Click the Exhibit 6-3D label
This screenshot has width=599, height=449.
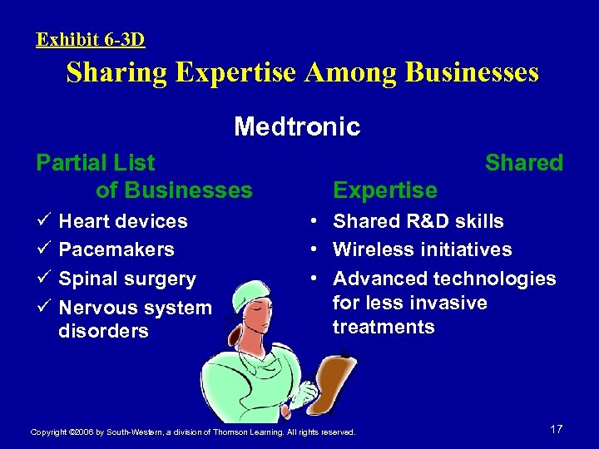click(91, 38)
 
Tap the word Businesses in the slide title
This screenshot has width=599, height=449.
click(472, 73)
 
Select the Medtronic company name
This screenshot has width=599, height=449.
click(297, 126)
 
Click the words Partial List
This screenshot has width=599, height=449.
click(96, 162)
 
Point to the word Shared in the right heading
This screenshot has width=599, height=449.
click(524, 162)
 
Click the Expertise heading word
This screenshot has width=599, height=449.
click(384, 190)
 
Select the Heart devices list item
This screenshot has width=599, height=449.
click(123, 221)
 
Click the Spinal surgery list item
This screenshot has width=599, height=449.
click(127, 279)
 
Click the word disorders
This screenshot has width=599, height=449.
click(103, 331)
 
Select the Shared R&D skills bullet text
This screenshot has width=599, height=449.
click(418, 221)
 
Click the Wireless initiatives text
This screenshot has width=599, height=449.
click(422, 249)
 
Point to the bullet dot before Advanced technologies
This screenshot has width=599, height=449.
click(312, 279)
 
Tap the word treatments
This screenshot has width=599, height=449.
click(384, 327)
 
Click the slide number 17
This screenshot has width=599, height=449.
click(557, 429)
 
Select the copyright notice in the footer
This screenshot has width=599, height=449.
click(192, 432)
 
